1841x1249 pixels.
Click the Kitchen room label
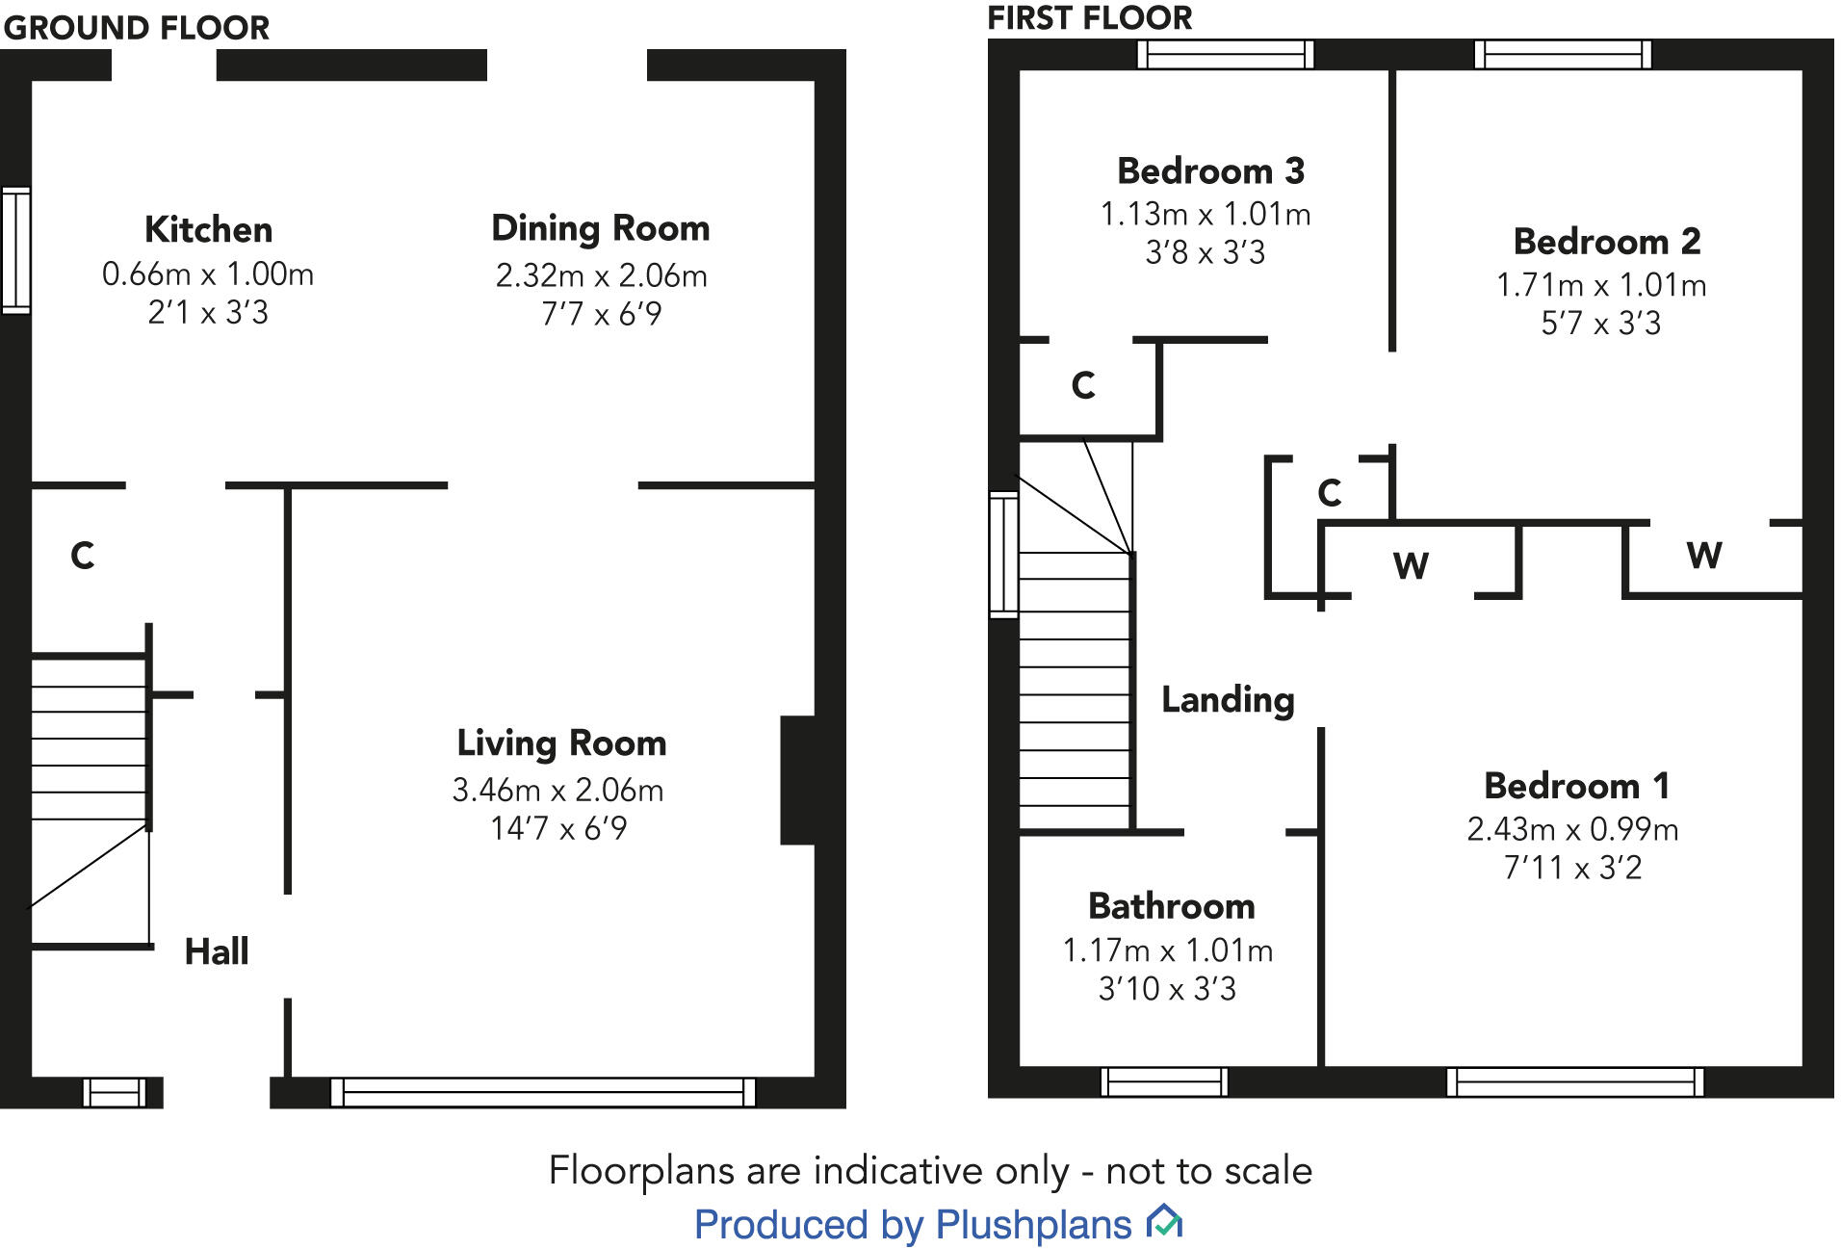(x=208, y=230)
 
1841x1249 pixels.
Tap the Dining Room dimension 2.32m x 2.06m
(x=601, y=276)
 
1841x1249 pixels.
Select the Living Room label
(x=561, y=743)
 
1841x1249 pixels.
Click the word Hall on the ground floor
(x=217, y=951)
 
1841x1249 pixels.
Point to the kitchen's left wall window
(x=16, y=250)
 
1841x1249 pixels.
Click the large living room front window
(x=543, y=1092)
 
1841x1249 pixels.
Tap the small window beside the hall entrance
(x=115, y=1092)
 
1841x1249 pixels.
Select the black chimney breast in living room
(x=798, y=780)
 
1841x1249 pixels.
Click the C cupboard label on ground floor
(x=83, y=556)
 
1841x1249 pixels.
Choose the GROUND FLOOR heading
(x=136, y=28)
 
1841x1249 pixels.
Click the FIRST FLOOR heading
(x=1090, y=17)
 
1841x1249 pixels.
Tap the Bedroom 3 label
(x=1210, y=171)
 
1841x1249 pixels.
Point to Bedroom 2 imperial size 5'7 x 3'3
(x=1600, y=324)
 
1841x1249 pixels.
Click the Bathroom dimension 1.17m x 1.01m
(x=1167, y=951)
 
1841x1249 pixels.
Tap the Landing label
(x=1228, y=700)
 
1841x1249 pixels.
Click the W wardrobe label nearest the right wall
(x=1703, y=556)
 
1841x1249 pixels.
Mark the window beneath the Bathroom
(x=1164, y=1081)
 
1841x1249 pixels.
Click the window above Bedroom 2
(x=1563, y=54)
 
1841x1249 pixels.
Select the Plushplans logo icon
(x=1164, y=1223)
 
